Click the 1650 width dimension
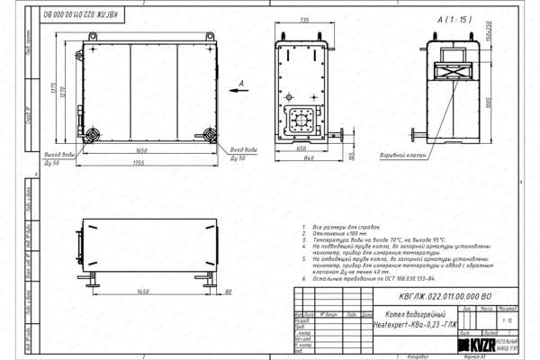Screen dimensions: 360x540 point(141,151)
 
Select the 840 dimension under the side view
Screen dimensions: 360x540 point(309,157)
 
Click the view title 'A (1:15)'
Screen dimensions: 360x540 point(454,19)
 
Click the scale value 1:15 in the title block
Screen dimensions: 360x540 point(508,319)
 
